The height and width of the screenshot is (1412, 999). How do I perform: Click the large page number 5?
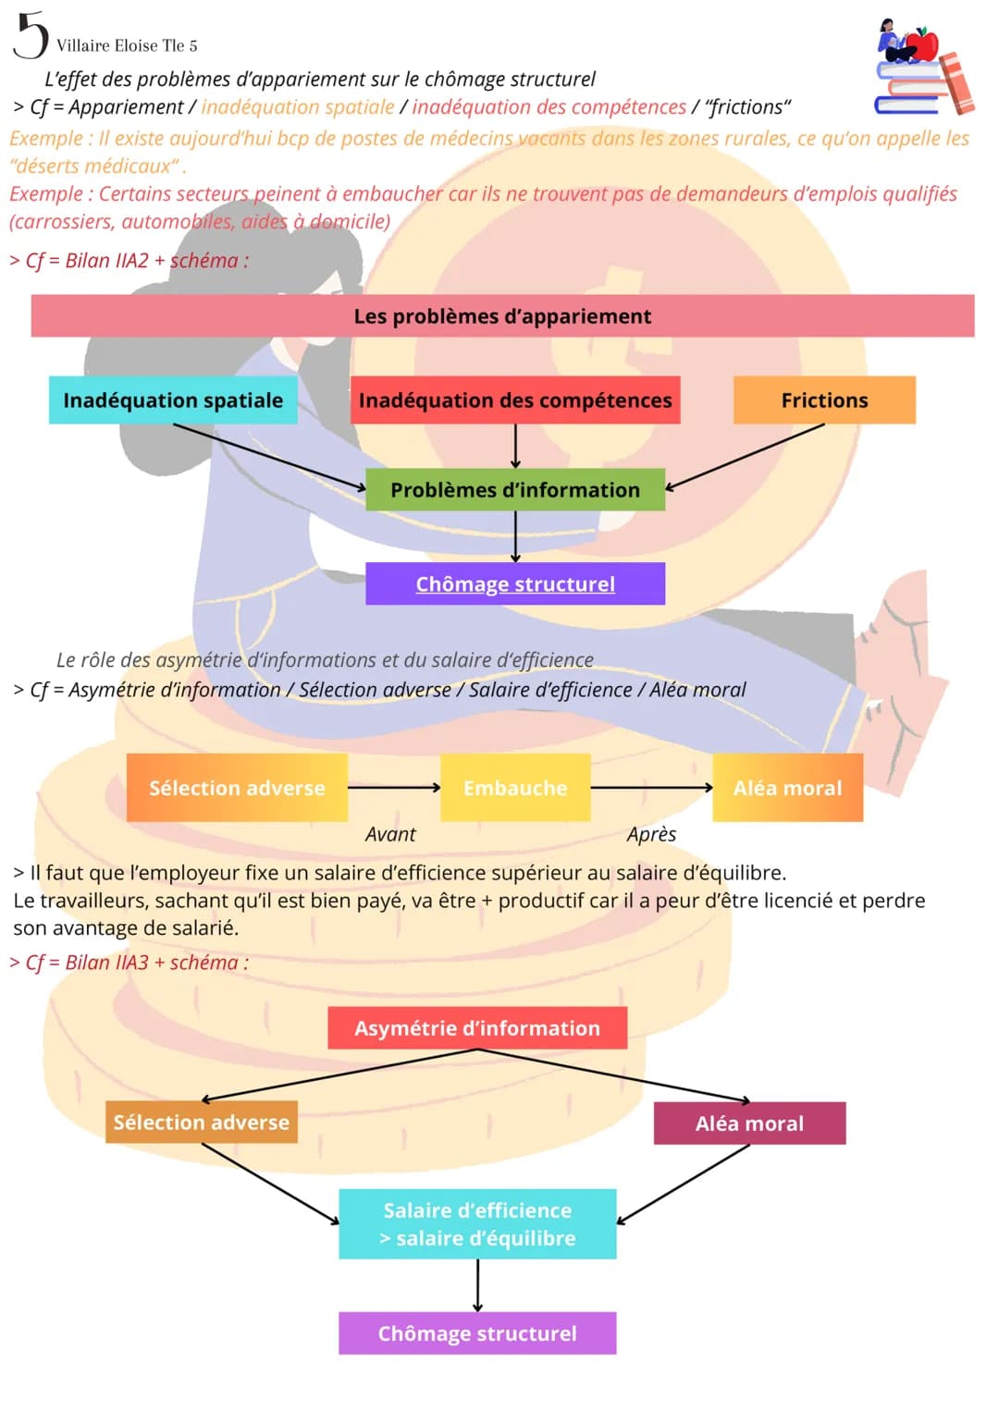pos(31,35)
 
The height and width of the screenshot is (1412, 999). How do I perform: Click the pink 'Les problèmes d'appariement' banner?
pos(502,315)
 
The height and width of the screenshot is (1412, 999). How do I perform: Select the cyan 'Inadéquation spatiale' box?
pos(173,399)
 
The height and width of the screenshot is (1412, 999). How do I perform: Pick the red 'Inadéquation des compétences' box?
pos(515,399)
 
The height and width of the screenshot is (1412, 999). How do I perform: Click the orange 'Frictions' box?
pos(824,399)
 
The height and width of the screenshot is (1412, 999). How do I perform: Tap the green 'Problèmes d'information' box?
pos(515,489)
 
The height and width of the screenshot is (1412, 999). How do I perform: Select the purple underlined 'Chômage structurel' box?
pos(515,583)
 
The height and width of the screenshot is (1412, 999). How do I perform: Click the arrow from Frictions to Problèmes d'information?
pos(745,457)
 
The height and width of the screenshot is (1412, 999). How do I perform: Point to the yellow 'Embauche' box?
pos(515,787)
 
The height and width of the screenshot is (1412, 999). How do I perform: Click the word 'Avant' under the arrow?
pos(390,834)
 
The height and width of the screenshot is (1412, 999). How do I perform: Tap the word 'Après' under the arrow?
pos(651,834)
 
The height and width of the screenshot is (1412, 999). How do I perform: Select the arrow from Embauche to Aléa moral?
pos(652,787)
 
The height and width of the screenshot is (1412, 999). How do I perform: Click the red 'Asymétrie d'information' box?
pos(477,1027)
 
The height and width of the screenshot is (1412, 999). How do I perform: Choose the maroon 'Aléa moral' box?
pos(750,1123)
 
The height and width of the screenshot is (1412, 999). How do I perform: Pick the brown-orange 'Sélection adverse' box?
pos(202,1122)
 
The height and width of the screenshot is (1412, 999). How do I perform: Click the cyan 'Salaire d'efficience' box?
pos(477,1223)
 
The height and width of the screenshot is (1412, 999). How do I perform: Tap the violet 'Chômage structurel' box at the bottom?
pos(477,1333)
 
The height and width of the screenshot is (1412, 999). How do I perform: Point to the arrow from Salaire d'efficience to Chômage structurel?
pos(477,1285)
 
